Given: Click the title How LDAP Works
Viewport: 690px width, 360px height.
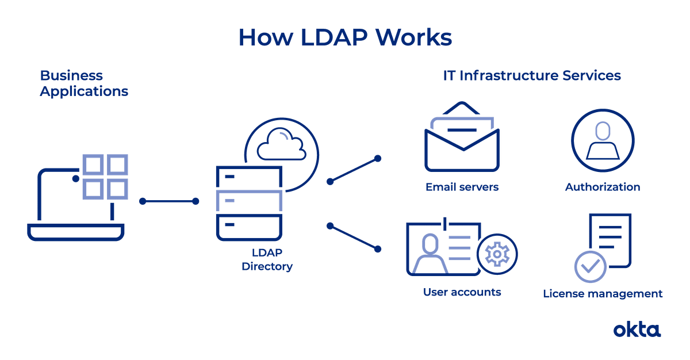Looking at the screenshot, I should tap(345, 37).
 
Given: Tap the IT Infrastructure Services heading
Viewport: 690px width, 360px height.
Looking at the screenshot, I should tap(532, 76).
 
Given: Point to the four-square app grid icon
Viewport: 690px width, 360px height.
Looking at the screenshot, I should tap(104, 176).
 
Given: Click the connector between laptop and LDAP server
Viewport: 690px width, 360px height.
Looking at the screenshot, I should tap(169, 201).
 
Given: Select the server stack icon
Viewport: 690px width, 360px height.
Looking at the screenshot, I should tap(248, 202).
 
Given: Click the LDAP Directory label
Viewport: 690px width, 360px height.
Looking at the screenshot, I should tap(267, 259).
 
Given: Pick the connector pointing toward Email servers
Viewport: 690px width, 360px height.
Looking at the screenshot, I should tap(354, 169).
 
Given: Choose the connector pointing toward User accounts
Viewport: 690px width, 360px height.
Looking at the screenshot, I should tap(354, 237).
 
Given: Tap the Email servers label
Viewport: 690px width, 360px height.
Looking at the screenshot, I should tap(462, 187).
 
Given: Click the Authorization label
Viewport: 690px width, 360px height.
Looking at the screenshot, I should tap(602, 187).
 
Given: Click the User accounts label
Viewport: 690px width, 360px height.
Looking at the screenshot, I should tap(462, 292).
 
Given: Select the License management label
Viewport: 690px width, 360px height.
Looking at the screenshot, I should tap(603, 294).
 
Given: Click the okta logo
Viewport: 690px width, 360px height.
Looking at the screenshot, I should tap(637, 330).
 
